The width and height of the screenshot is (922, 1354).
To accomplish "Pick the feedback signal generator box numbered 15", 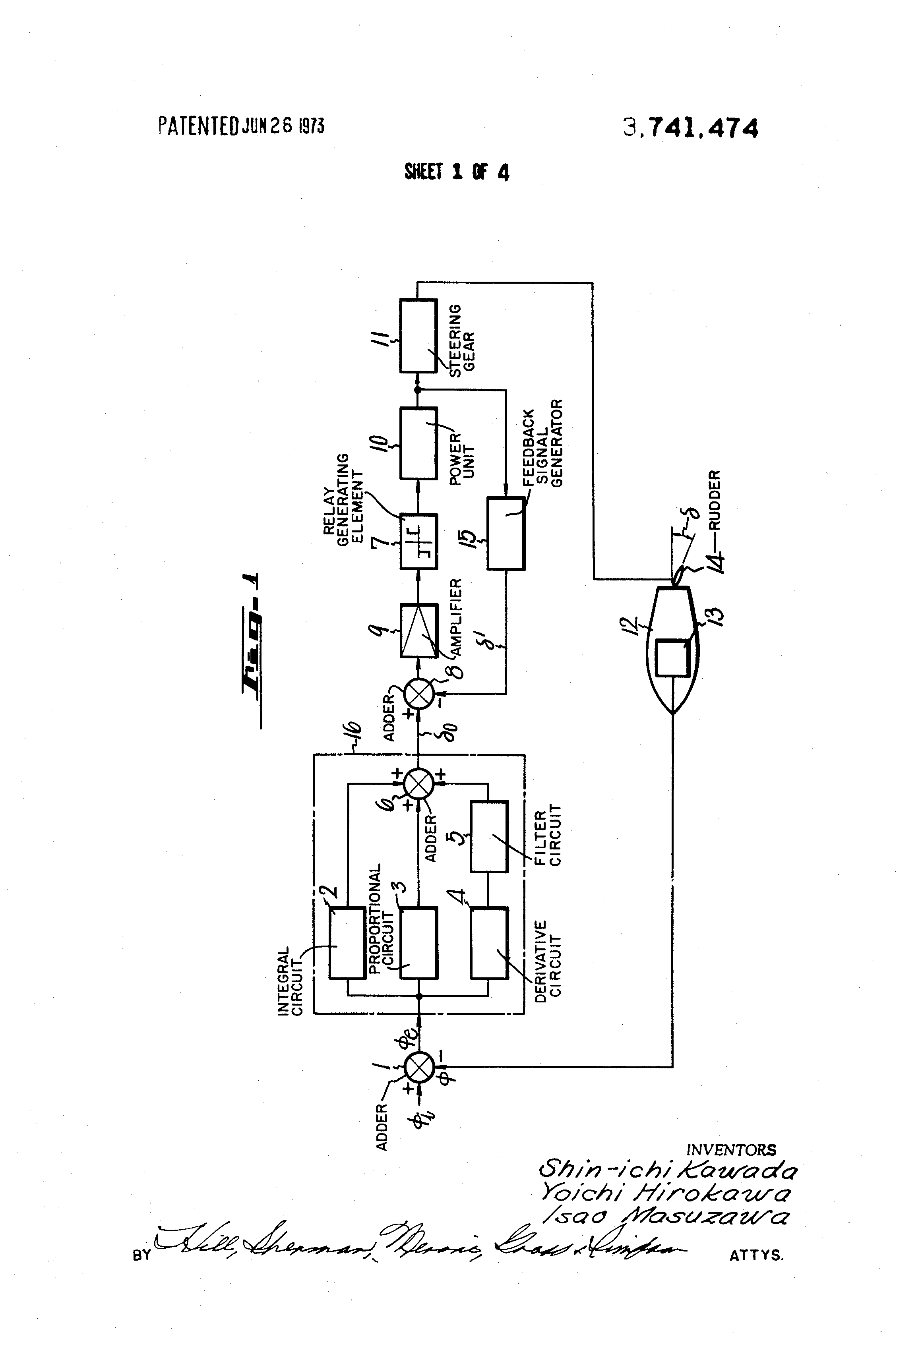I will click(506, 533).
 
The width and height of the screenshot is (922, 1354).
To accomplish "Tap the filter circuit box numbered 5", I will click(490, 836).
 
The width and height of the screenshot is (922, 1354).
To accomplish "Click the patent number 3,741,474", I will click(691, 128).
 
